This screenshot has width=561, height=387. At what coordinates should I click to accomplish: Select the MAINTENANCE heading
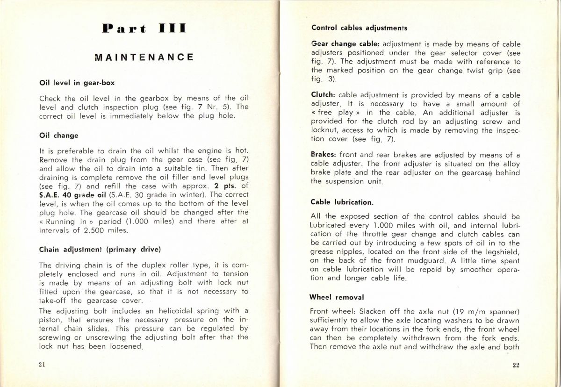(144, 57)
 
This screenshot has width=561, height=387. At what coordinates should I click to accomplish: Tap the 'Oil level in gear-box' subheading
(77, 83)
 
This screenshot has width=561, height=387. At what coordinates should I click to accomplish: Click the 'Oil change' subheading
(59, 136)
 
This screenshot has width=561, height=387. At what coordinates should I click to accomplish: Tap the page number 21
(42, 365)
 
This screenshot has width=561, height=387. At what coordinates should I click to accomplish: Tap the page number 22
(516, 365)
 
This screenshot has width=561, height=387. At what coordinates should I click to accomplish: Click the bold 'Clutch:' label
(323, 95)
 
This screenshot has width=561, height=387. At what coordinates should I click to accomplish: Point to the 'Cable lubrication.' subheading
(342, 202)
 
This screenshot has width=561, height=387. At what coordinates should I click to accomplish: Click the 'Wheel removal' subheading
(337, 297)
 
